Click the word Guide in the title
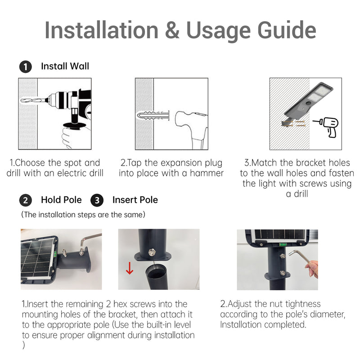coord(287,31)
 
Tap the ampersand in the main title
coord(172,31)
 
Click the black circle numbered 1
coord(26,67)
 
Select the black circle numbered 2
coord(26,200)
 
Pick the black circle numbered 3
coord(97,200)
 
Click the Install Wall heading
coord(65,66)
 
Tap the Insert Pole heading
coord(135,200)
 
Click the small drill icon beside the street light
coord(326,127)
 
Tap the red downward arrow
coord(130,268)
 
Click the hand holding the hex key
coord(312,269)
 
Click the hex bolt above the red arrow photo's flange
coord(151,252)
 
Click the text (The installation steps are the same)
coord(83,215)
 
